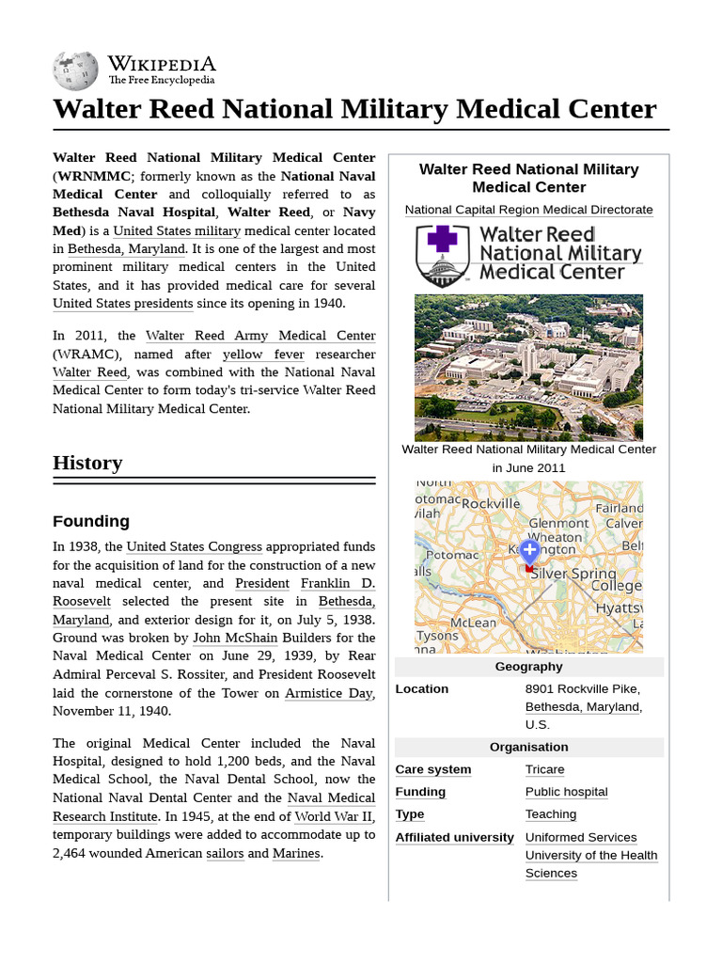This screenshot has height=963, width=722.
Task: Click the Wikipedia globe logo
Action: tap(75, 69)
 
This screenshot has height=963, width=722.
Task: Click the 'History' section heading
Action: tap(87, 463)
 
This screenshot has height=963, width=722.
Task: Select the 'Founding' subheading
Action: tap(91, 521)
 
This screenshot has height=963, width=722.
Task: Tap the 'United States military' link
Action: tap(177, 230)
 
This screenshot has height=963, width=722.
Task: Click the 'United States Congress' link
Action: tap(194, 546)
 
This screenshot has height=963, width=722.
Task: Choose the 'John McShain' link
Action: tap(235, 638)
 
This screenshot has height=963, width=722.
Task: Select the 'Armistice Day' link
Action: tap(329, 693)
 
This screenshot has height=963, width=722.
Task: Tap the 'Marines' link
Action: tap(296, 853)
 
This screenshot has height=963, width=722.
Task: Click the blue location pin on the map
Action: tap(529, 550)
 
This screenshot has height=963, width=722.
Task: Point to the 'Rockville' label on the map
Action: tap(491, 503)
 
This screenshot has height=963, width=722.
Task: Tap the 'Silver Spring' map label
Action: tap(573, 574)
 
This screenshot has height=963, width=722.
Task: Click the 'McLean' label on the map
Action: tap(473, 623)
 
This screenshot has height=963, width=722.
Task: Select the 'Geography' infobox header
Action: tap(528, 667)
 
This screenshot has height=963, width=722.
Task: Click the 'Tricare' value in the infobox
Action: tap(544, 769)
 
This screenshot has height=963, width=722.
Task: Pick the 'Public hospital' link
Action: tap(566, 792)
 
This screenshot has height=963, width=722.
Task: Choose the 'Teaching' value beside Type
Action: tap(550, 814)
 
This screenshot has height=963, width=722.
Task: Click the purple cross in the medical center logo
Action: tap(442, 238)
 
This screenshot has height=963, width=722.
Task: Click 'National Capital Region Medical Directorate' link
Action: tap(528, 210)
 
